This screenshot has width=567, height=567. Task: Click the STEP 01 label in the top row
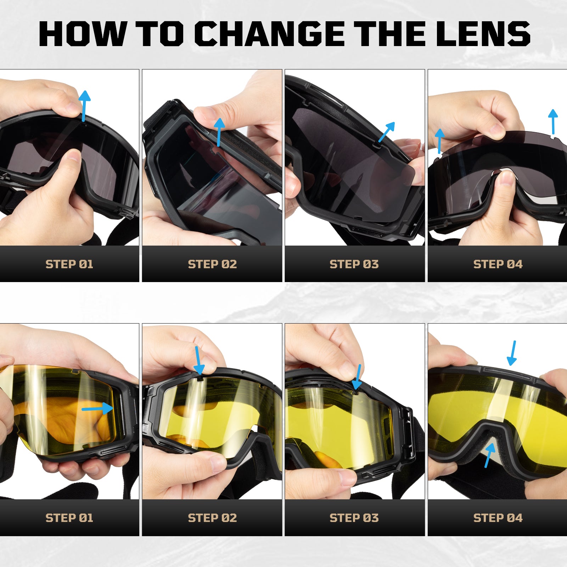pos(69,264)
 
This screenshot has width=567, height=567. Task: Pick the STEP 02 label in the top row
pos(212,264)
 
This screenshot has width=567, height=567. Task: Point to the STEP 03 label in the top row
pos(354,264)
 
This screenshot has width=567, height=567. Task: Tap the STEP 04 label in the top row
pos(498,264)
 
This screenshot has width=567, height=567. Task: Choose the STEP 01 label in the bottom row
pos(69,518)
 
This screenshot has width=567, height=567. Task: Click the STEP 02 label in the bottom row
pos(212,518)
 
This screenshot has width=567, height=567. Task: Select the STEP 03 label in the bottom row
pos(354,518)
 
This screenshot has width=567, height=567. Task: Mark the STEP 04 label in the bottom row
pos(498,518)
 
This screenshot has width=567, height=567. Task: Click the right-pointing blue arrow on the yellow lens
pos(98,409)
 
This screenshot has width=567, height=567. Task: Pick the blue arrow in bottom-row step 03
pos(358,376)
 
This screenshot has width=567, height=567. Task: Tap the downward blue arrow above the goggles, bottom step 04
pos(512,353)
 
